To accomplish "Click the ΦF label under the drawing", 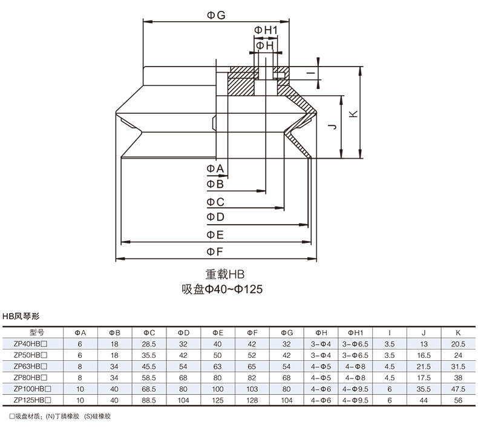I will pos(215,251).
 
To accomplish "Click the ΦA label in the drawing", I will pos(215,168).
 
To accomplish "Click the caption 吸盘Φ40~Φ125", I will pos(223,289).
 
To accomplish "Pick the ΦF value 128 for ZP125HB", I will pos(252,400).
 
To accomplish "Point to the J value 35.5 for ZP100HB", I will pos(423,389).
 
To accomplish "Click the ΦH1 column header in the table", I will pos(355,332).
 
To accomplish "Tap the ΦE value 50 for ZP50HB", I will pos(218,355).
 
